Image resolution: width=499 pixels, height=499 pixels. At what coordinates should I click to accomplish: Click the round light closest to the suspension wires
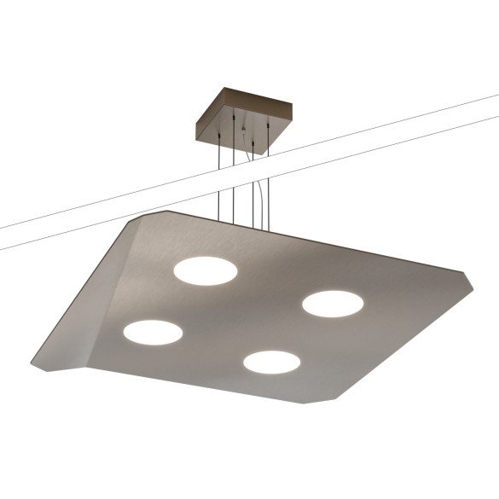tap(206, 271)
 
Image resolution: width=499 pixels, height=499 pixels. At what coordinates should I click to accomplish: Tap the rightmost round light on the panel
tap(333, 303)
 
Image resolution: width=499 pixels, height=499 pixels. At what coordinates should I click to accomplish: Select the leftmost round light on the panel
tap(153, 332)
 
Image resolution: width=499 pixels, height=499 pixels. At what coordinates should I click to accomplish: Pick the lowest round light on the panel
tap(271, 362)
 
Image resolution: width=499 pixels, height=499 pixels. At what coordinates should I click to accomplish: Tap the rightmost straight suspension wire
tap(269, 179)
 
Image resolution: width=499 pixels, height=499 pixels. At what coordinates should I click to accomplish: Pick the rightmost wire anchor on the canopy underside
tap(269, 127)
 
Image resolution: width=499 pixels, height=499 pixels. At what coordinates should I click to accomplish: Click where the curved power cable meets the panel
tap(258, 229)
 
